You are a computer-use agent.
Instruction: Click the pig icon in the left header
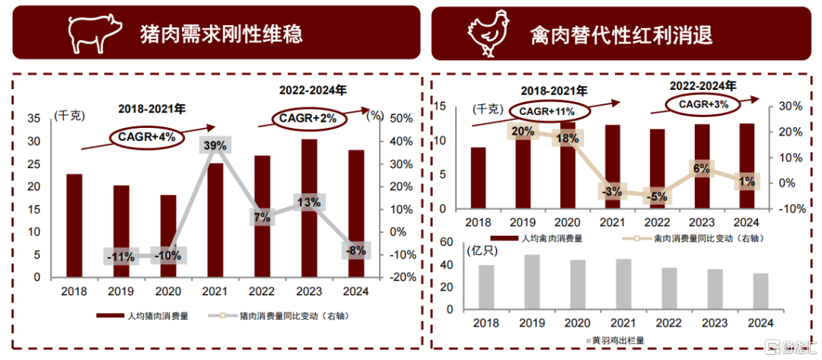(95, 33)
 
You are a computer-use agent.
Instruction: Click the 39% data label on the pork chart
(215, 145)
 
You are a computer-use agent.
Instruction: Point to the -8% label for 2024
(355, 250)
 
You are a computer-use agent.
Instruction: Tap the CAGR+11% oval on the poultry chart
(541, 111)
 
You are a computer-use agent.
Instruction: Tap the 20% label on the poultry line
(522, 132)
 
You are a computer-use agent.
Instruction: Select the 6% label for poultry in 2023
(701, 168)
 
